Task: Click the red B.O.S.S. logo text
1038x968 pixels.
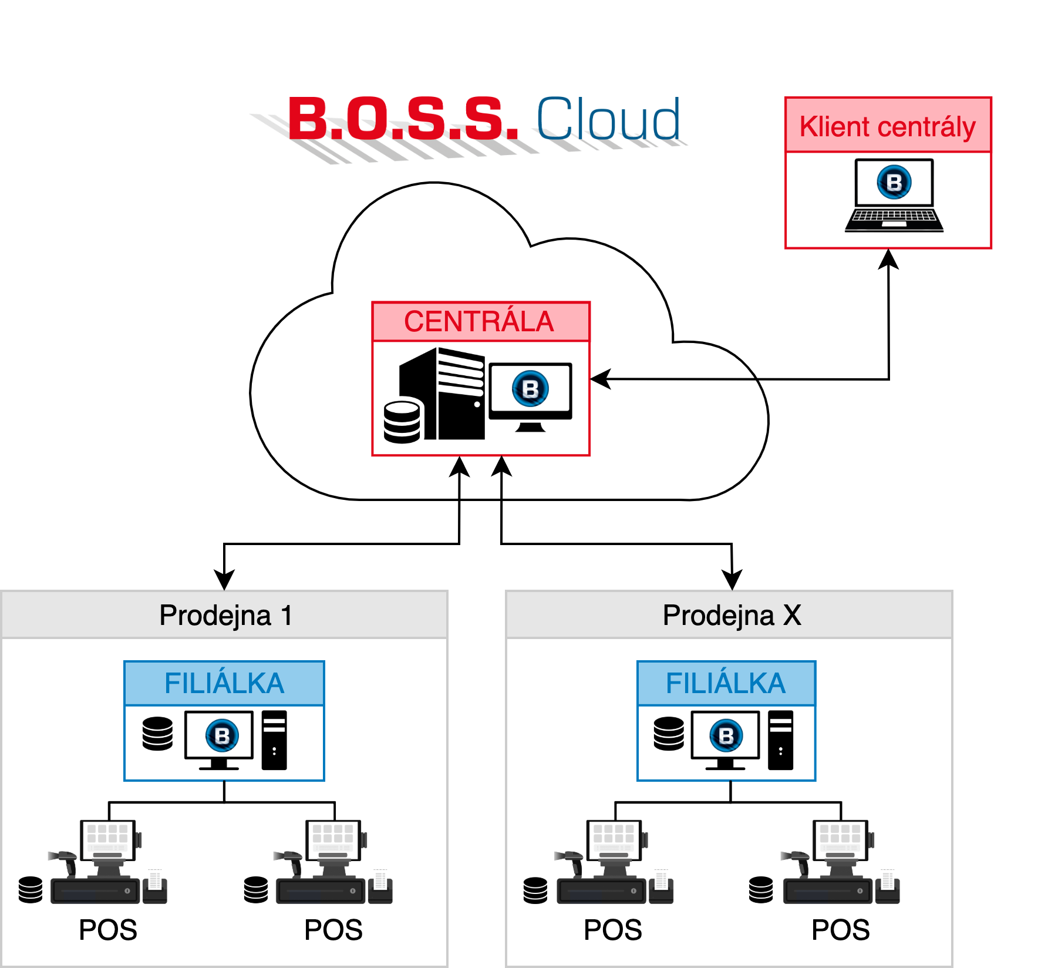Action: coord(403,119)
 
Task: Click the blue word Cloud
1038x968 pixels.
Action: coord(608,119)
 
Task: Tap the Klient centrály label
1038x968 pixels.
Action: coord(887,126)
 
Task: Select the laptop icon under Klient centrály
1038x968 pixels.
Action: coord(894,196)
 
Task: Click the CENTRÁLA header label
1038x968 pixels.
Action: coord(479,322)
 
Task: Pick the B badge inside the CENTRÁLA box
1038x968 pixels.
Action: coord(530,389)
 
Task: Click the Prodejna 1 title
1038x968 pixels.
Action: coord(225,616)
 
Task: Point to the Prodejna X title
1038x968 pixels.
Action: coord(732,616)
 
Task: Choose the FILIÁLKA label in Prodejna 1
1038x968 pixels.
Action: coord(224,683)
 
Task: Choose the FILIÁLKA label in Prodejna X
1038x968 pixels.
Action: coord(726,683)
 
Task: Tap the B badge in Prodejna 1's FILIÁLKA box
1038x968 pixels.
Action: coord(222,735)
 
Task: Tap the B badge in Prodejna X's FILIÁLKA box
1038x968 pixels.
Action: coord(726,735)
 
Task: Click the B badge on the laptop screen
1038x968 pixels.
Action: coord(894,182)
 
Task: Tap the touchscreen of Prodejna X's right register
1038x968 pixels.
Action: coord(840,839)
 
